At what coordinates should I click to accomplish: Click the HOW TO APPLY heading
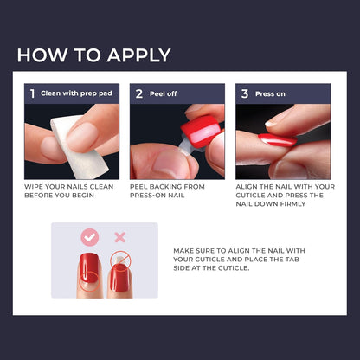point(93,55)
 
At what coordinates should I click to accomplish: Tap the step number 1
point(32,93)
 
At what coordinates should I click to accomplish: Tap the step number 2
point(138,93)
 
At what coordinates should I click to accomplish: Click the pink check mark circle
point(89,237)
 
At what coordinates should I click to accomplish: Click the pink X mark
point(119,237)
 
